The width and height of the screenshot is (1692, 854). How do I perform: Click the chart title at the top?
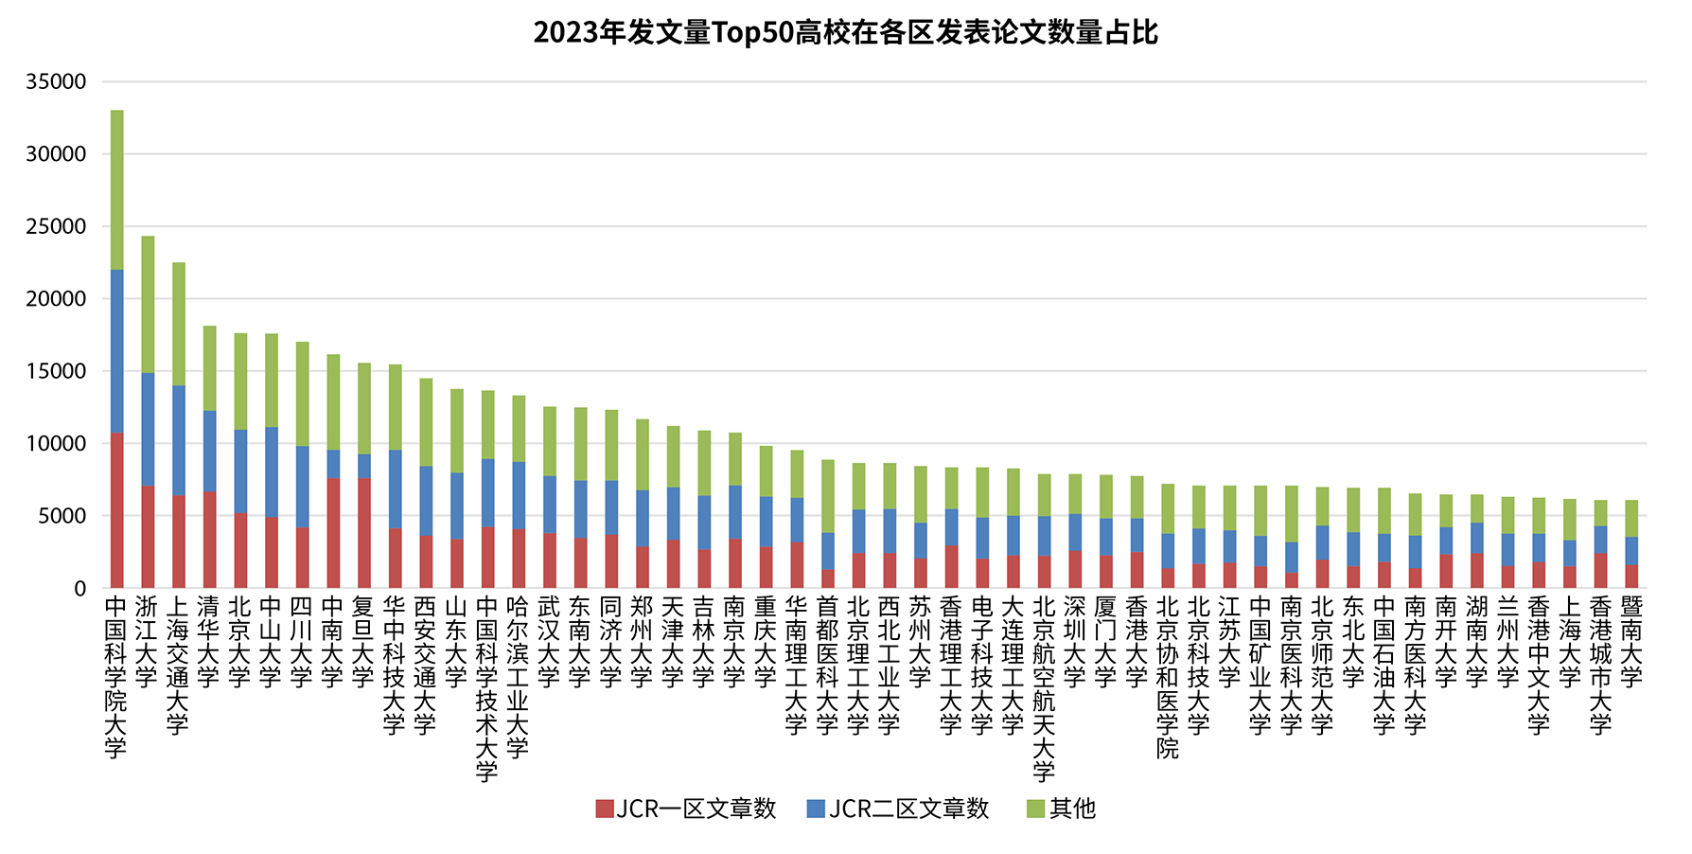pos(845,33)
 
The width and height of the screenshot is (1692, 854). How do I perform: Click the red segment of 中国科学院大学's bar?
pos(116,510)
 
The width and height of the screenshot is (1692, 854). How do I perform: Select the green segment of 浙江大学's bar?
pos(148,304)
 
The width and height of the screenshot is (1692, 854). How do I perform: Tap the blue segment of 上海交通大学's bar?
pos(179,440)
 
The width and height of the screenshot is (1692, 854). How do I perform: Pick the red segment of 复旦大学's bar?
pos(364,533)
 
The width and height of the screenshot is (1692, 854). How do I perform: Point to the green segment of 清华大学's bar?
pos(210,368)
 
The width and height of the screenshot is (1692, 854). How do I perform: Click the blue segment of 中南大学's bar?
pos(333,464)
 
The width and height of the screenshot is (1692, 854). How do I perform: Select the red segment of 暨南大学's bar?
pos(1631,577)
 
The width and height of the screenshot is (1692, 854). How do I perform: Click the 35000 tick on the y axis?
pos(56,82)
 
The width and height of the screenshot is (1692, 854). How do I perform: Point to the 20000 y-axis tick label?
pos(56,299)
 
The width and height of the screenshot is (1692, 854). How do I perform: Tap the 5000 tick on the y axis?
pos(62,516)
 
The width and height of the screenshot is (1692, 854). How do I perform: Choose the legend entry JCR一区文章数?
pos(686,809)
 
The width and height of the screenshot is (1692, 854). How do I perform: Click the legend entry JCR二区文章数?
pos(899,809)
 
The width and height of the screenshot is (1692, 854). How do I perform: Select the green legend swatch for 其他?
pos(1035,809)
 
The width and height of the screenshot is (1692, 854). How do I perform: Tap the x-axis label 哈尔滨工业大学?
pos(519,676)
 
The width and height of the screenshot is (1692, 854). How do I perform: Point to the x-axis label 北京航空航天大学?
pos(1044,688)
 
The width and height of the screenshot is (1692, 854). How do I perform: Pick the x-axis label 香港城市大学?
pos(1600,665)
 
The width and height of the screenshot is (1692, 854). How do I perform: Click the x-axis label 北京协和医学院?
pos(1168,676)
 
